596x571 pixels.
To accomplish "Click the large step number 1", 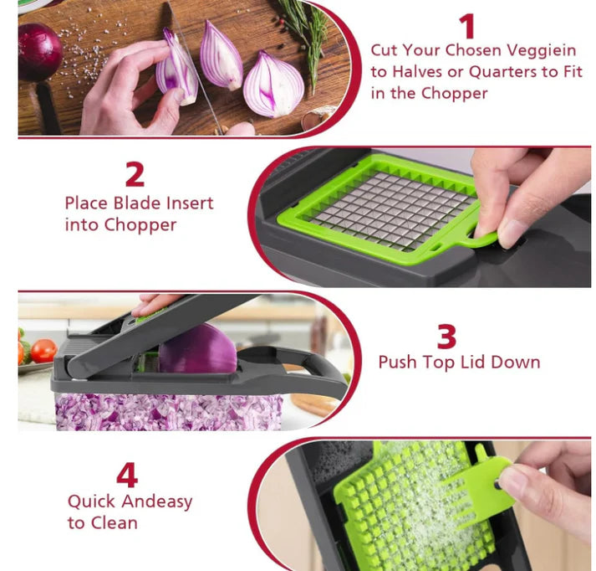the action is point(468,26).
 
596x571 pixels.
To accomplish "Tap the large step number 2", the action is point(135,174).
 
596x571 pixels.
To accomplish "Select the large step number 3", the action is point(446,337).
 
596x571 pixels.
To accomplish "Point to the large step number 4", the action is point(127,475).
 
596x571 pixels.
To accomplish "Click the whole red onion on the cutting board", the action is point(39,51).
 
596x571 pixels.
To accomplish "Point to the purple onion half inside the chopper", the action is point(197,349).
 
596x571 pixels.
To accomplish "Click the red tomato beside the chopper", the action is point(43,350).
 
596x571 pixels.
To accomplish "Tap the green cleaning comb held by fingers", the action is point(478,483).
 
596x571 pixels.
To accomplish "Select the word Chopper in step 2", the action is point(140,225).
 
